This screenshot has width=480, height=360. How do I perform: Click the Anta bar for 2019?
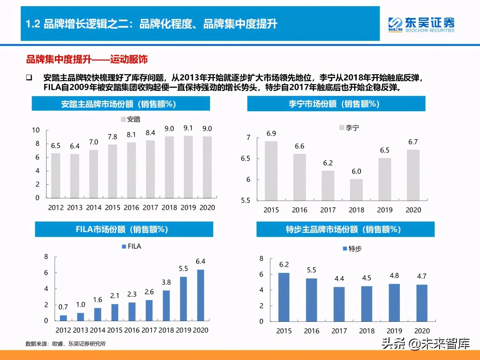(x=188, y=167)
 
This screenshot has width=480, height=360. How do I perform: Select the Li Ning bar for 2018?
(x=356, y=190)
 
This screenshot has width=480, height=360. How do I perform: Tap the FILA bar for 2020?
(x=201, y=295)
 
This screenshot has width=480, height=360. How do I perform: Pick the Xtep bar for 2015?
(x=284, y=297)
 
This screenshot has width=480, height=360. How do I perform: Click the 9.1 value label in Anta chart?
(x=188, y=128)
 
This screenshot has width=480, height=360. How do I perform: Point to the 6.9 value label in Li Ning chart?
(x=271, y=134)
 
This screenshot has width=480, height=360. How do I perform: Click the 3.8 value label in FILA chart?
(x=166, y=282)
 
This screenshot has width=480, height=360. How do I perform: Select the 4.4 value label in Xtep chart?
(x=339, y=278)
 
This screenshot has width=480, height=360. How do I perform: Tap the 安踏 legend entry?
(x=131, y=119)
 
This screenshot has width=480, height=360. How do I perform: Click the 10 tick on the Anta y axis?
(x=36, y=130)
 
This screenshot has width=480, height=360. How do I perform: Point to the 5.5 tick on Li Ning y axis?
(x=245, y=201)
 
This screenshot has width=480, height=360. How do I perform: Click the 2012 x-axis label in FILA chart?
(x=63, y=330)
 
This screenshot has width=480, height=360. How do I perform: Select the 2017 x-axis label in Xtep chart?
(x=339, y=331)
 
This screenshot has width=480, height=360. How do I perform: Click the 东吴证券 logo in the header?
(x=421, y=24)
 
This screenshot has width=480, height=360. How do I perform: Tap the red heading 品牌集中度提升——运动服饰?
(x=87, y=59)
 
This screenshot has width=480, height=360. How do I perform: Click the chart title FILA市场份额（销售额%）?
(x=124, y=229)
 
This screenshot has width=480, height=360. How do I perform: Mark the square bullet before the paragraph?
(x=29, y=78)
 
